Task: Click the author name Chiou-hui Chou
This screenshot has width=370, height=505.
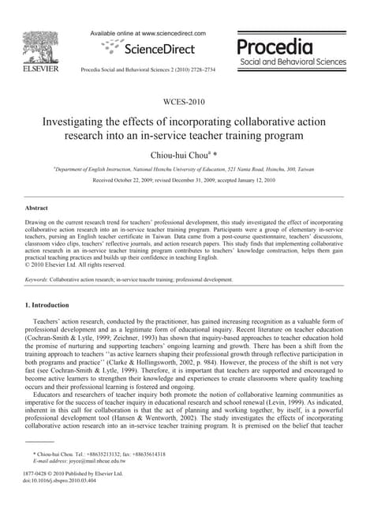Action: (x=181, y=155)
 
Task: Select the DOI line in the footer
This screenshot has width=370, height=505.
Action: (x=59, y=481)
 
